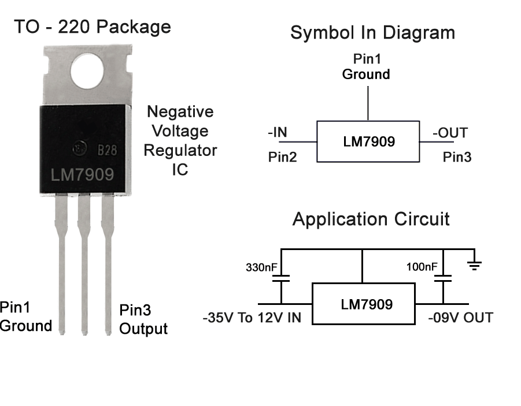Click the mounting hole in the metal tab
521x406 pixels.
87,71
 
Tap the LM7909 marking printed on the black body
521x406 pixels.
83,174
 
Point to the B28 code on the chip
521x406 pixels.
107,150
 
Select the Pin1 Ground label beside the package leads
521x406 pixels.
26,316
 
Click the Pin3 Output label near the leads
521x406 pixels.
143,319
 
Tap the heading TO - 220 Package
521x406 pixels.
93,27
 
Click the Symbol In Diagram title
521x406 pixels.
372,32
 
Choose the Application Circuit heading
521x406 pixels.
371,219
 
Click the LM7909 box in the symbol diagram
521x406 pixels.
368,141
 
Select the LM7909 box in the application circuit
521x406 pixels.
364,304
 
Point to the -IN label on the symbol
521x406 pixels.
278,132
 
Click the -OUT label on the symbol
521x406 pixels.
450,133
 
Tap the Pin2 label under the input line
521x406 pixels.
282,157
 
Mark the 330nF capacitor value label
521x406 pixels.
261,267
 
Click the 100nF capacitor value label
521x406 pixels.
422,267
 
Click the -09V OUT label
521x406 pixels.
460,318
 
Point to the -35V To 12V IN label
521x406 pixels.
252,318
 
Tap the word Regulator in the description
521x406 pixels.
180,151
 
